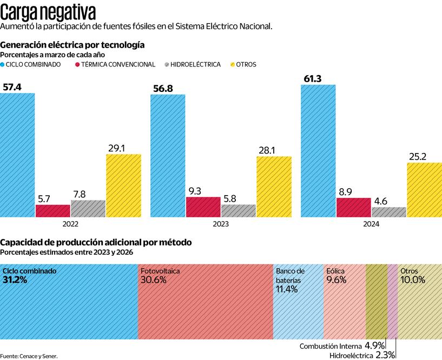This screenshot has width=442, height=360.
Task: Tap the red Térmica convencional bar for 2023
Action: click(203, 207)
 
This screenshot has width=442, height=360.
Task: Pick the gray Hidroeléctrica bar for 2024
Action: click(388, 212)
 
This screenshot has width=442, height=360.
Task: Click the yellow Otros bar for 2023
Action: click(274, 187)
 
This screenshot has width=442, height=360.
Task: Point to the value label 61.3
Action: click(313, 79)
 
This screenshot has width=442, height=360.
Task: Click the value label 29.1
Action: click(123, 147)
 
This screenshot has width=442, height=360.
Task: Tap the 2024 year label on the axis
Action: click(371, 224)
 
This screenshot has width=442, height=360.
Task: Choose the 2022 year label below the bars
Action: click(70, 224)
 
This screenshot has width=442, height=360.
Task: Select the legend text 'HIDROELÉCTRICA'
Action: click(195, 64)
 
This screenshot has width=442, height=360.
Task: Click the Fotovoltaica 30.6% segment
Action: click(205, 302)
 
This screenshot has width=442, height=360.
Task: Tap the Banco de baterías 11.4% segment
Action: click(298, 302)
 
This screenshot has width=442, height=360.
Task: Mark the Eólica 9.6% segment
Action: click(345, 302)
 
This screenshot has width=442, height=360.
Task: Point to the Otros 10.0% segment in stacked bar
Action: click(419, 302)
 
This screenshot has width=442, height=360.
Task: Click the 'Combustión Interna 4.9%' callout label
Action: click(342, 345)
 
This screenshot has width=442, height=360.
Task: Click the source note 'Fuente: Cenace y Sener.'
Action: click(29, 356)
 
